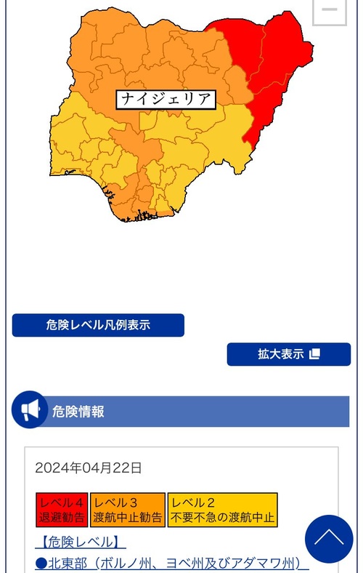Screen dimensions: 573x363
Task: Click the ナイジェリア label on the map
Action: click(166, 99)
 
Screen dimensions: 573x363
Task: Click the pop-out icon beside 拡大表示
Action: click(314, 354)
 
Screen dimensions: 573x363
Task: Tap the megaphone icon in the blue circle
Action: click(30, 411)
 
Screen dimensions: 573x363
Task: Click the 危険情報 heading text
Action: click(78, 412)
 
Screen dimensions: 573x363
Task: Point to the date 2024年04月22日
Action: click(89, 468)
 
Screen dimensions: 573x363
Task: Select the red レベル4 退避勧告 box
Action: click(61, 510)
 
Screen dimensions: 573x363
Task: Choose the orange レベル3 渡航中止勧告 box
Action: click(128, 510)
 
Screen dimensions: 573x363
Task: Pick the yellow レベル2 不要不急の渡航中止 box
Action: click(222, 510)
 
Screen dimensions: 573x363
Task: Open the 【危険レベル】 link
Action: click(80, 542)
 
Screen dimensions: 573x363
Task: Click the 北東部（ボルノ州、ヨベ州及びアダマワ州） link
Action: click(172, 564)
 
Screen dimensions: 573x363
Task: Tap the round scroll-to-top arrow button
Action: click(329, 539)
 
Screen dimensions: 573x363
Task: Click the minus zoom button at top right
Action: click(329, 9)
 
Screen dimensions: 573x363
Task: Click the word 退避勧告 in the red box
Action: click(62, 518)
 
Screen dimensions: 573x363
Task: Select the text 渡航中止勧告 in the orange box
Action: click(128, 518)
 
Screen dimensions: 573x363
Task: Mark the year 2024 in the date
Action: click(49, 468)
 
